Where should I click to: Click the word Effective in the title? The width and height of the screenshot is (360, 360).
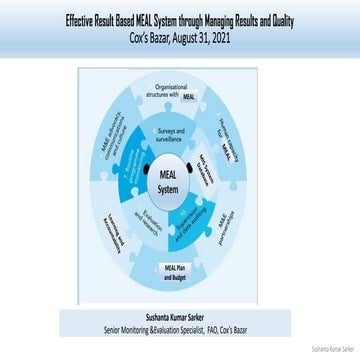click(x=83, y=19)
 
